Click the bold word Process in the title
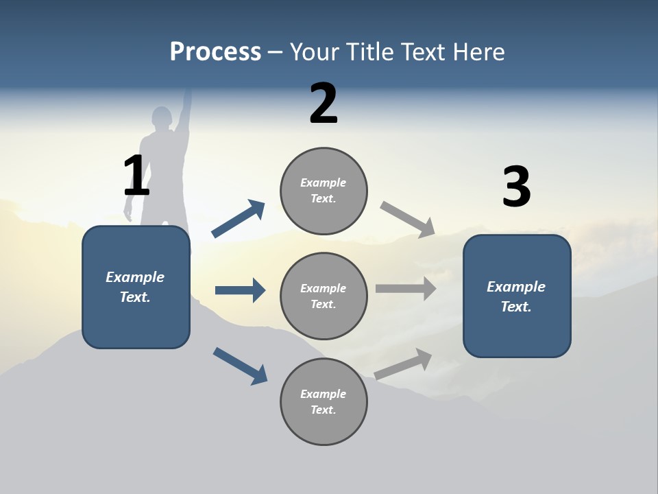[215, 52]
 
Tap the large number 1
[136, 176]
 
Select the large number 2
[324, 104]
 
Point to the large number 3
[516, 187]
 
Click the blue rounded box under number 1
[136, 287]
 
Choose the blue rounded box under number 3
[517, 296]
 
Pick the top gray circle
[324, 191]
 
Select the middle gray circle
[324, 296]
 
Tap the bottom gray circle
[324, 401]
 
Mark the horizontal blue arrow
[240, 290]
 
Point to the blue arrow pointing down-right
[241, 366]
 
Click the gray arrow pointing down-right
[408, 220]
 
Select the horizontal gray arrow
[406, 289]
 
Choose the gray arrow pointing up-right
[403, 364]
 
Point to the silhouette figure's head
[162, 117]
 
